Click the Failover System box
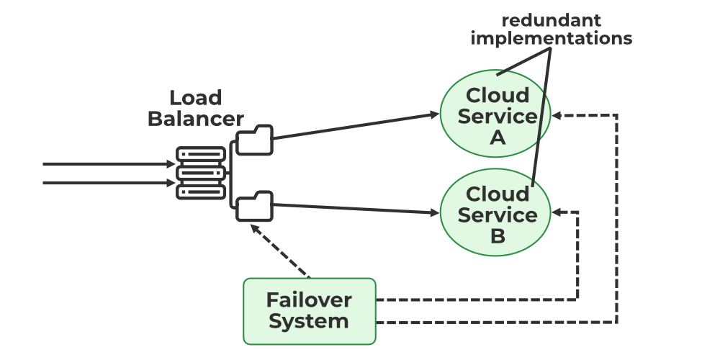(x=310, y=310)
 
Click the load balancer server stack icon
(x=201, y=173)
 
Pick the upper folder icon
(x=255, y=140)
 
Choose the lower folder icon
(x=255, y=207)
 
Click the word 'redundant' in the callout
(x=552, y=19)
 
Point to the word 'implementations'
(x=552, y=38)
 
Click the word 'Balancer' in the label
(x=195, y=119)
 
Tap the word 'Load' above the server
(x=195, y=98)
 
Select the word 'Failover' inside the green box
(x=309, y=300)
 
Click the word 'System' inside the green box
(x=309, y=321)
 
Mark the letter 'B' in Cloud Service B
(x=498, y=235)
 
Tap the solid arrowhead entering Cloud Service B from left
(x=434, y=213)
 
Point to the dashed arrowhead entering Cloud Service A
(x=558, y=115)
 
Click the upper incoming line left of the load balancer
(x=108, y=164)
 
